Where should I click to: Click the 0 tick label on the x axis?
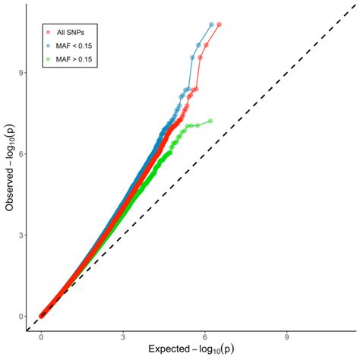(41, 335)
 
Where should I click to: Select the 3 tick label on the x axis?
(123, 335)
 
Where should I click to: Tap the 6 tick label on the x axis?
(204, 335)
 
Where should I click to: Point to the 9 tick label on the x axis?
(286, 335)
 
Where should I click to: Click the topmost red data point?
(219, 24)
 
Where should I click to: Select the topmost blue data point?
(210, 24)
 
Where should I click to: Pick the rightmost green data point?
(210, 121)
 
